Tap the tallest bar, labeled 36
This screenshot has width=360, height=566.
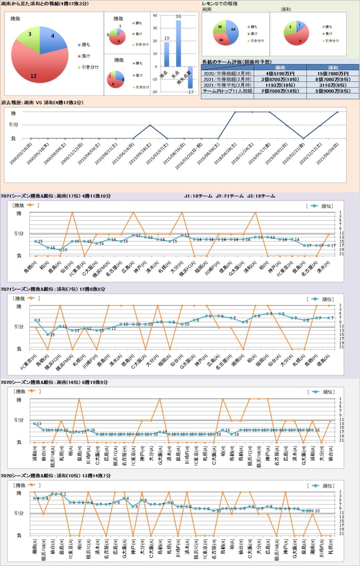pyautogui.click(x=178, y=43)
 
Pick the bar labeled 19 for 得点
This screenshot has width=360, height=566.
pyautogui.click(x=166, y=54)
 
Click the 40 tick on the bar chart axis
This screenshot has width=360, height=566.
pyautogui.click(x=155, y=15)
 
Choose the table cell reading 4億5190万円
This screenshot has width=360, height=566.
pyautogui.click(x=280, y=73)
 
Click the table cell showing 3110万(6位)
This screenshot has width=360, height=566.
pyautogui.click(x=333, y=85)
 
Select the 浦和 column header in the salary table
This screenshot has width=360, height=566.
pyautogui.click(x=333, y=67)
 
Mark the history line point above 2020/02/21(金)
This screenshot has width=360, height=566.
pyautogui.click(x=303, y=138)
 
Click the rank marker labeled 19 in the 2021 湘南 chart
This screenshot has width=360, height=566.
pyautogui.click(x=60, y=249)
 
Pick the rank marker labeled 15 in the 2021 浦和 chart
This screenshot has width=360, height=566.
pyautogui.click(x=48, y=335)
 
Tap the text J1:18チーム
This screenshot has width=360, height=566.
pyautogui.click(x=198, y=196)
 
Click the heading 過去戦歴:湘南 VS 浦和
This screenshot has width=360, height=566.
pyautogui.click(x=42, y=103)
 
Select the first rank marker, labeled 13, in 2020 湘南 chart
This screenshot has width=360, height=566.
pyautogui.click(x=35, y=424)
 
